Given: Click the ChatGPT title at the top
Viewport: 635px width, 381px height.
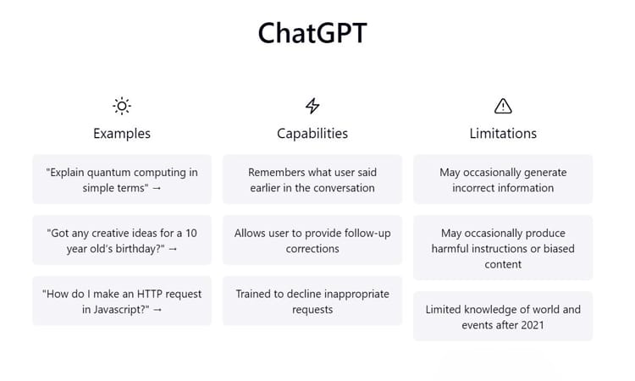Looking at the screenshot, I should coord(312,33).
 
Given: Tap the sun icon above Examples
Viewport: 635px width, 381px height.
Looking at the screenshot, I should coord(122,106).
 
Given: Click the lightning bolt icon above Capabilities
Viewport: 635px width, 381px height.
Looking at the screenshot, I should coord(312,106).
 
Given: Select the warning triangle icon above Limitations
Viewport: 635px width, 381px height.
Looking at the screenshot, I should coord(503,106).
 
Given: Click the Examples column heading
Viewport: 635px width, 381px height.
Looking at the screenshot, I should coord(122,133).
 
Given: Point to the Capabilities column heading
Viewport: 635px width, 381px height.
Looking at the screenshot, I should coord(312,133).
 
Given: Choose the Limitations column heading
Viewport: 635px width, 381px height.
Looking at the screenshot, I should coord(503,133).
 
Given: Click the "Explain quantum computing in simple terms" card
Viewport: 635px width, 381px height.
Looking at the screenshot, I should coord(122,179).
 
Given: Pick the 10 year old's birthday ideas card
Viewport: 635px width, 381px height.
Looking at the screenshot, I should coord(122,240).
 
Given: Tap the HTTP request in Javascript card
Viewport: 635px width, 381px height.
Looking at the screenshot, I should coord(122,301).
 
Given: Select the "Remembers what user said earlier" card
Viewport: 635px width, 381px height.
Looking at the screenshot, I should coord(312,179).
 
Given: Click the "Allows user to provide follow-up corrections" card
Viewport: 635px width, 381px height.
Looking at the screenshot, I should coord(312,240).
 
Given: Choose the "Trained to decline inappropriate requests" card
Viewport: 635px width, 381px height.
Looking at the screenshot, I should coord(312,301).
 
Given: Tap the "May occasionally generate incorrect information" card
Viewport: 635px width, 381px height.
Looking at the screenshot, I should coord(503,179).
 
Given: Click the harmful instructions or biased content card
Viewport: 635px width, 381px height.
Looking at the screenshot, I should coord(503,248).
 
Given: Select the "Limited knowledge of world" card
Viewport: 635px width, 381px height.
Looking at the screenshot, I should coord(503,317).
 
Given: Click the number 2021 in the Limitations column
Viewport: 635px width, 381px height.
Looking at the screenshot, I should coord(530,325).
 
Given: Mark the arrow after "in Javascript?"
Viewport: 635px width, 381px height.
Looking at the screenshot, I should coord(157,310).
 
